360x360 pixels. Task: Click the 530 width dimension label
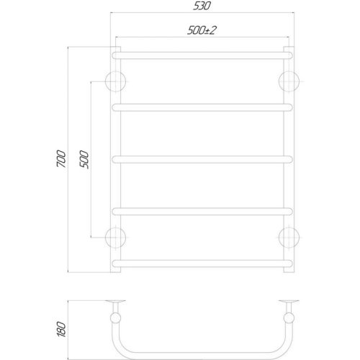click(202, 6)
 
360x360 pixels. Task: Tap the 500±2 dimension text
click(202, 30)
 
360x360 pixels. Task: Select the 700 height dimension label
click(61, 158)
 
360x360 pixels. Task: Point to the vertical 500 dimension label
click(84, 160)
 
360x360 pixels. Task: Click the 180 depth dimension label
click(61, 329)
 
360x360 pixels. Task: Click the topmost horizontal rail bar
click(202, 55)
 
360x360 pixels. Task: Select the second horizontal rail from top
click(202, 107)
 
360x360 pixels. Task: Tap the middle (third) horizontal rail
click(202, 160)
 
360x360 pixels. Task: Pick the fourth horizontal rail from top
click(202, 212)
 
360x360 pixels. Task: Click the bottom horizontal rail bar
click(202, 264)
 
